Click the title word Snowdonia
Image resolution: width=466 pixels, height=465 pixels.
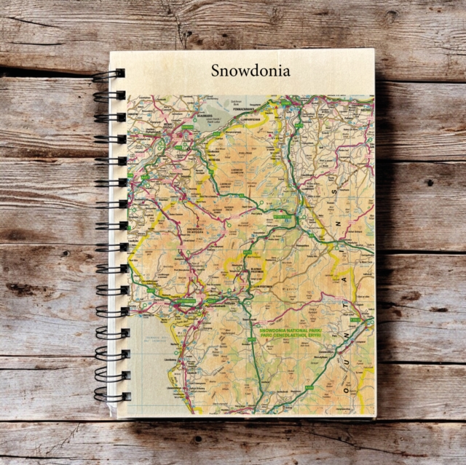[x=250, y=71]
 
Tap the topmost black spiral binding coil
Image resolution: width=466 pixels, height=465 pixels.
[x=109, y=74]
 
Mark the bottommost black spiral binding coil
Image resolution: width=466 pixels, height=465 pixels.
[x=109, y=397]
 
